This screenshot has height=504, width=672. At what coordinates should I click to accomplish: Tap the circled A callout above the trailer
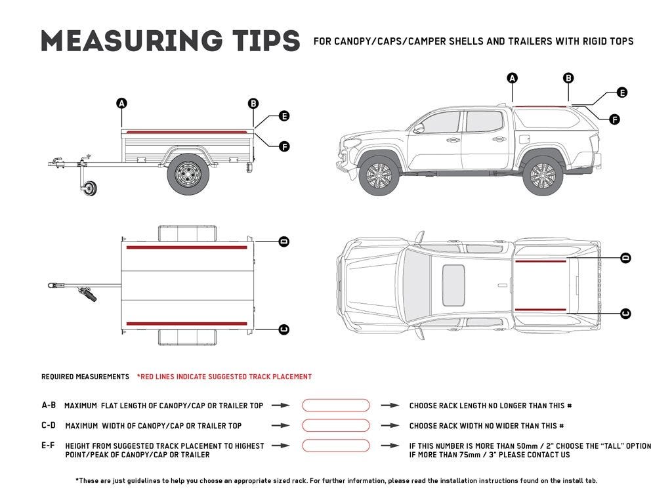tap(121, 103)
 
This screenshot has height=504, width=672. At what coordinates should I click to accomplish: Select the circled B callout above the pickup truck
tap(568, 78)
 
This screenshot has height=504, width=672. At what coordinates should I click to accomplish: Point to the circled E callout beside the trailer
tap(284, 116)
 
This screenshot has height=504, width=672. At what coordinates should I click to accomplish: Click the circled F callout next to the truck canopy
tap(614, 119)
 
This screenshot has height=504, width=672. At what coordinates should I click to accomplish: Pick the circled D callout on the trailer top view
tap(284, 241)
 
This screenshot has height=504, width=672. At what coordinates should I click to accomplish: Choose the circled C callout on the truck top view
tap(625, 314)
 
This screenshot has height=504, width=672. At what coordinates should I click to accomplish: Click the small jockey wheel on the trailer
tap(90, 190)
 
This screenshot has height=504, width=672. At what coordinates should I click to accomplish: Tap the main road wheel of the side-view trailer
tap(188, 174)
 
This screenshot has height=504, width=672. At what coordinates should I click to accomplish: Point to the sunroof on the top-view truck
tap(453, 285)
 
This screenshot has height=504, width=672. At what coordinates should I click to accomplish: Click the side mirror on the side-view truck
tap(418, 128)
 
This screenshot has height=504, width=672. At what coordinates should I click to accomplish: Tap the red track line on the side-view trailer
tap(187, 132)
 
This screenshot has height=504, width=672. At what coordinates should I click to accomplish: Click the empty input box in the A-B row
tap(335, 406)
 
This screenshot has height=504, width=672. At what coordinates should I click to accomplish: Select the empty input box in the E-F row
tap(335, 446)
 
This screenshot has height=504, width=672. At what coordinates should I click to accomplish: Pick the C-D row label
tap(49, 426)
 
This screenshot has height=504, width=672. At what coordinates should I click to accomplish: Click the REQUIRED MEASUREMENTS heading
tap(85, 377)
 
